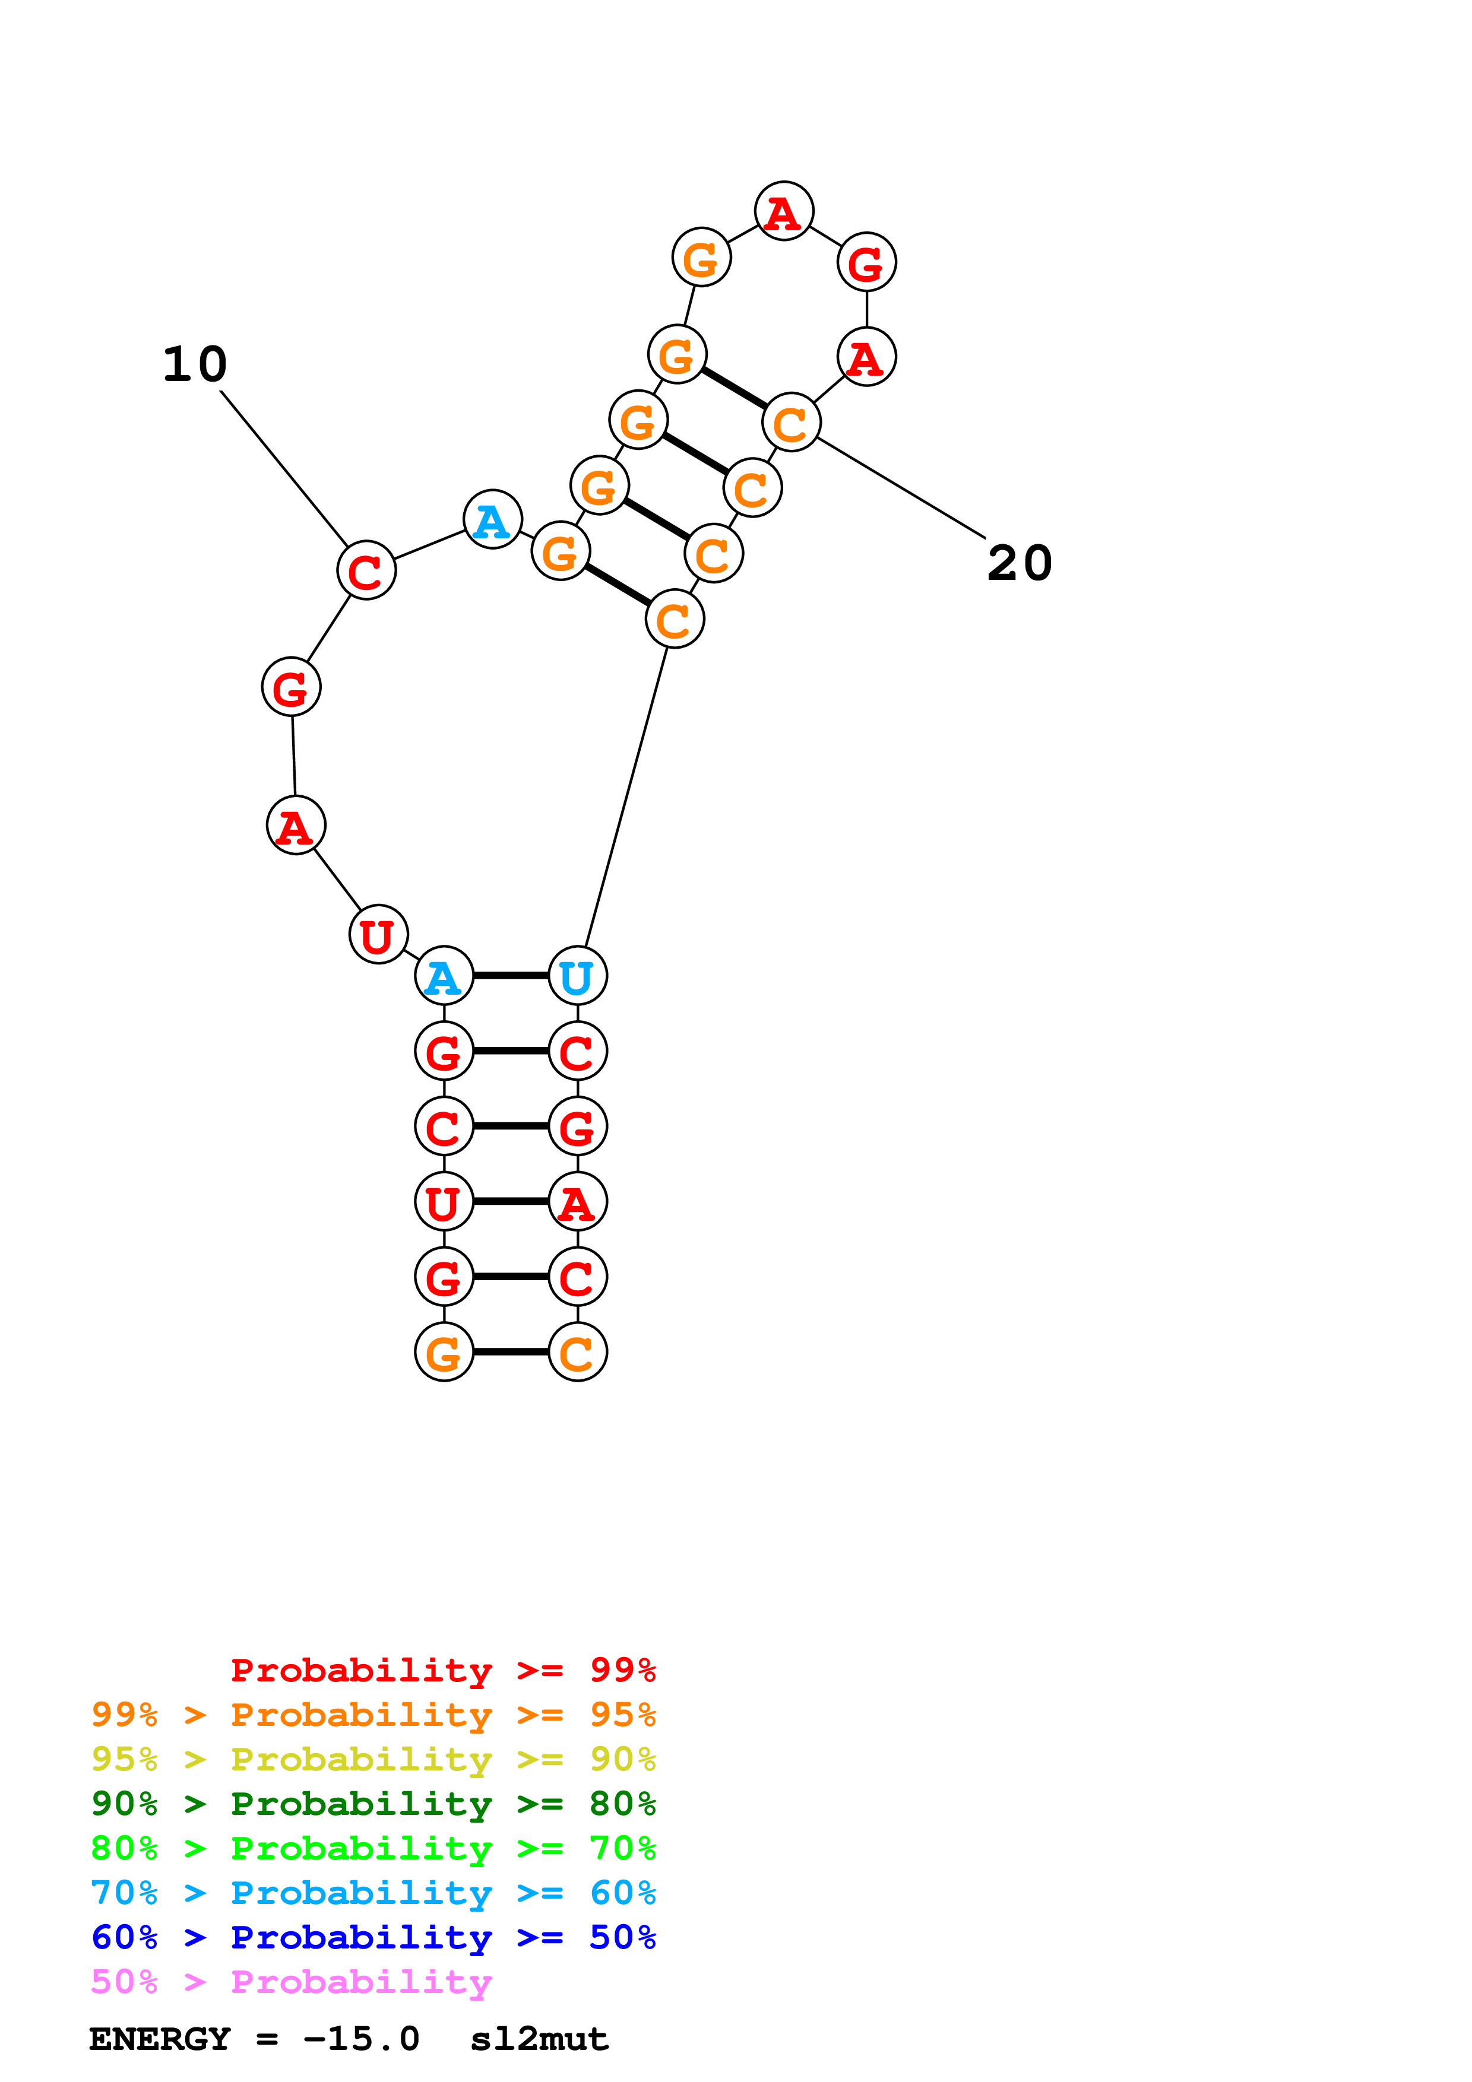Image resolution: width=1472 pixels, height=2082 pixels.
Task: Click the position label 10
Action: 195,364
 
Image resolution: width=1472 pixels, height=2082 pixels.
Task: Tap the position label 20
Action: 1020,563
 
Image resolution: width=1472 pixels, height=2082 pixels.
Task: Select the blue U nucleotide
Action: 578,976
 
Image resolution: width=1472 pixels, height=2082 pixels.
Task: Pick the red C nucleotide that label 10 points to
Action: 366,570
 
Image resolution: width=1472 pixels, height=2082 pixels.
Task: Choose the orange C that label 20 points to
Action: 792,423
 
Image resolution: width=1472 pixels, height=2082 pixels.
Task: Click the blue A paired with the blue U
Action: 444,976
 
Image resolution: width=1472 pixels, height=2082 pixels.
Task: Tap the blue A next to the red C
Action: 492,519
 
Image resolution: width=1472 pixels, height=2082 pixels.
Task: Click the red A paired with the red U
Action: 578,1201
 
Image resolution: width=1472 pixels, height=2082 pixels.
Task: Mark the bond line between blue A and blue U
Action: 511,976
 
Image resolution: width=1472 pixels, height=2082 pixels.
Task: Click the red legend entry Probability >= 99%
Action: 442,1670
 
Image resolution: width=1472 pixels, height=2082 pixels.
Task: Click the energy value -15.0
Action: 362,2039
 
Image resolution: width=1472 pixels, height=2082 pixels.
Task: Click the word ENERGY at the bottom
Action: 160,2039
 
